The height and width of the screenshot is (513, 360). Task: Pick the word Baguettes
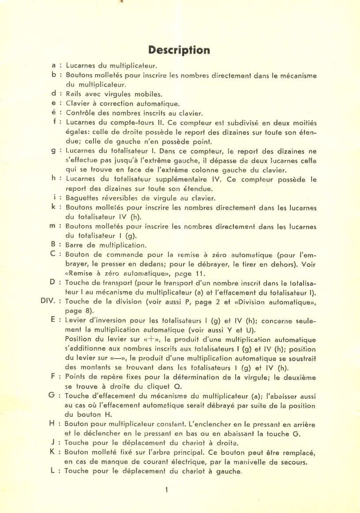82,198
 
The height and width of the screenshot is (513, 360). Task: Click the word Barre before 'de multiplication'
75,245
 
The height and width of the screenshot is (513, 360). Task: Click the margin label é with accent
53,113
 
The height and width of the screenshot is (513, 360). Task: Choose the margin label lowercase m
52,226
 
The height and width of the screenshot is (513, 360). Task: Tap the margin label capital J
53,442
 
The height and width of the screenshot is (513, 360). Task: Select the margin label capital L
53,471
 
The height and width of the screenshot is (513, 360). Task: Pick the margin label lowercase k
53,207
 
